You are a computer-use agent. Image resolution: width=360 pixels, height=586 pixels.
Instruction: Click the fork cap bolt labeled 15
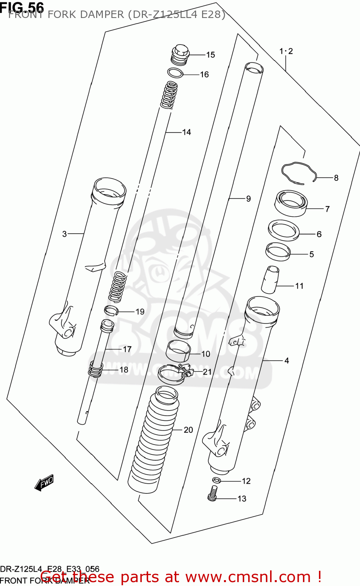pos(180,55)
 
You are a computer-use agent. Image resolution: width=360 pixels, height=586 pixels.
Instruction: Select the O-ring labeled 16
pos(175,73)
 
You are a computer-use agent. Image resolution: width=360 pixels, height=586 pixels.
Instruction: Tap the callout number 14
pos(186,132)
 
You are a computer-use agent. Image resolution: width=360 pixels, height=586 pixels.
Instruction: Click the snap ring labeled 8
pos(299,172)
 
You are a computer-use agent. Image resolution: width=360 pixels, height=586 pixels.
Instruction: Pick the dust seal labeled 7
pos(290,204)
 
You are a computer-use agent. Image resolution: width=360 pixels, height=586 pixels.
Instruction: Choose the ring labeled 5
pos(278,251)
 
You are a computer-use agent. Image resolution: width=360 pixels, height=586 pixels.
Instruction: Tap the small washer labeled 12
pos(216,480)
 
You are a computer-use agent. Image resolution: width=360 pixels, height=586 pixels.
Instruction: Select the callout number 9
pos(248,199)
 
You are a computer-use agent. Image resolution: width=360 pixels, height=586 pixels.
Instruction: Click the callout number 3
pos(64,234)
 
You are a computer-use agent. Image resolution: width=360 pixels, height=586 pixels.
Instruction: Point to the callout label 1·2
pos(286,51)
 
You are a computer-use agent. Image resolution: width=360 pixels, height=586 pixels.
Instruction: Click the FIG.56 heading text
pos(22,7)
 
